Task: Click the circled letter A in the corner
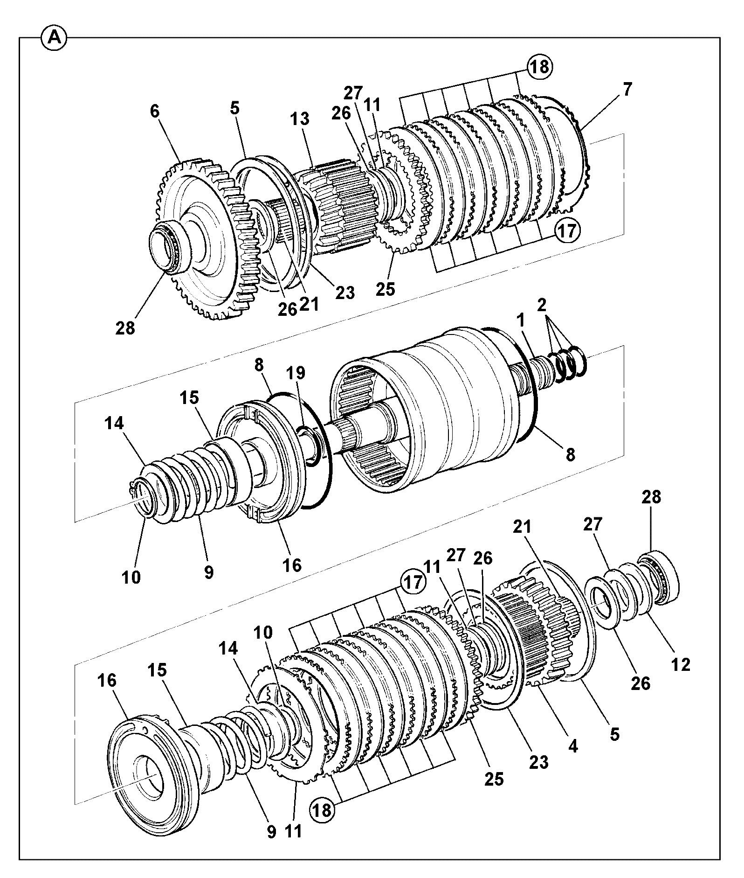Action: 55,38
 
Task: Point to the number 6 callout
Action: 155,111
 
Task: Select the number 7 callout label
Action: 627,89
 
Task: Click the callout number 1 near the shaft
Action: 520,320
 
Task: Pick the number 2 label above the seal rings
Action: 541,306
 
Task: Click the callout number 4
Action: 573,746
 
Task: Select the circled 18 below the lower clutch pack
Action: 323,810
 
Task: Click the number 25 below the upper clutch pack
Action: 386,289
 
